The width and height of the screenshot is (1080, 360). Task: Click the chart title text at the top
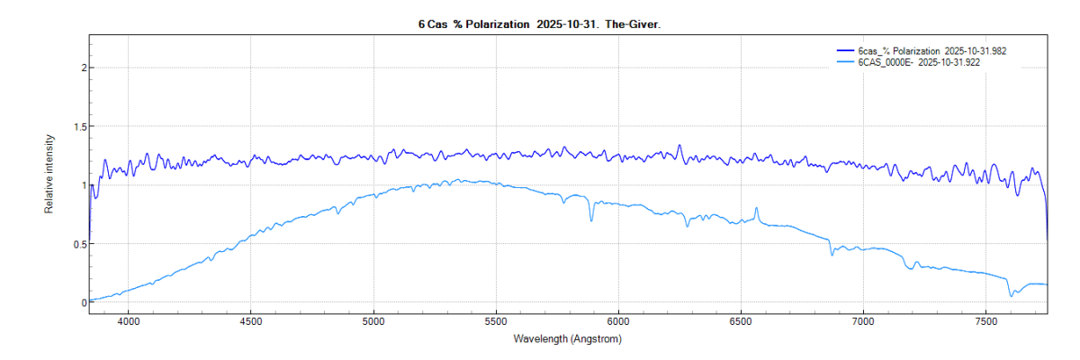(539, 24)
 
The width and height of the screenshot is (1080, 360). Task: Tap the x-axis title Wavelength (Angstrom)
(567, 339)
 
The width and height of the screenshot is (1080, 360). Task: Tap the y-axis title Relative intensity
(50, 174)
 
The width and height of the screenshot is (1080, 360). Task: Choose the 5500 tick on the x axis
(495, 320)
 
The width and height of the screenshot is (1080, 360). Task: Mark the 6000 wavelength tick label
(617, 320)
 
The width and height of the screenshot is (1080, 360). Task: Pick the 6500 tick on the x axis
(740, 320)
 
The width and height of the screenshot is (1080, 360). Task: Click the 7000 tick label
(863, 320)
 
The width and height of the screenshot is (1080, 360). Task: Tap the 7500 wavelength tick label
(985, 320)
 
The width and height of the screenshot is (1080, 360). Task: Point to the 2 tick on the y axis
(83, 67)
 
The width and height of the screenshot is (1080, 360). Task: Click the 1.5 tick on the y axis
(79, 127)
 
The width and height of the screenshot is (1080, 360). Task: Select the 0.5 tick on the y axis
(79, 244)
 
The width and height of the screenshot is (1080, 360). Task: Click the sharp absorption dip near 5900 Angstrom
(591, 220)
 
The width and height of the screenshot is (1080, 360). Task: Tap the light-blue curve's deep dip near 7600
(1012, 294)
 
